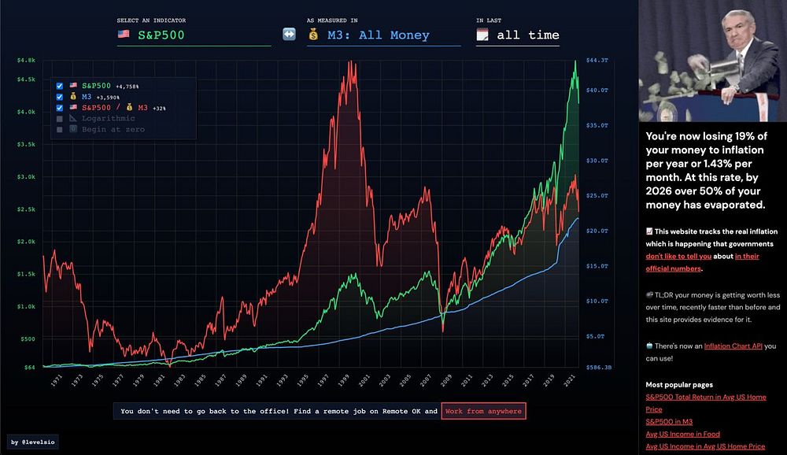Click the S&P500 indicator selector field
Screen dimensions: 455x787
click(193, 35)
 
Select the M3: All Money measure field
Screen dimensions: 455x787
click(383, 35)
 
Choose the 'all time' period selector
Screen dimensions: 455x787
click(517, 35)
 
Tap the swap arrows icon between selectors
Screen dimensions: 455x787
click(289, 35)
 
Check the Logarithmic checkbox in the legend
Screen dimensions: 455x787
click(60, 118)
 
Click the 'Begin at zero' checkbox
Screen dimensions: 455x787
click(60, 129)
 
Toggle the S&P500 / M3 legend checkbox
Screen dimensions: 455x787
click(60, 107)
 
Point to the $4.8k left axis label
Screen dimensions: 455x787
click(27, 61)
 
